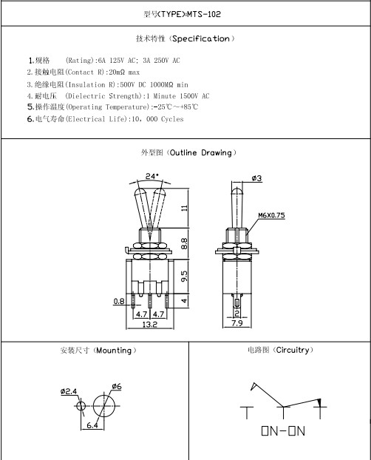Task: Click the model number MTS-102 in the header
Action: click(x=204, y=14)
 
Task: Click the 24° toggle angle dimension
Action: click(x=152, y=176)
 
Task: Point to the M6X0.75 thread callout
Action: click(x=271, y=215)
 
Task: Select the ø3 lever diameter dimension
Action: click(x=256, y=178)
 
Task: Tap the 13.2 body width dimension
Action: click(x=150, y=324)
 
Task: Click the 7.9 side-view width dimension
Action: click(x=237, y=323)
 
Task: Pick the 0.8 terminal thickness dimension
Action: click(x=119, y=301)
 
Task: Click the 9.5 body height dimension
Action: click(x=184, y=276)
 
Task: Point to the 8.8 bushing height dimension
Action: click(x=184, y=244)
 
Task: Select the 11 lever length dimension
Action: click(x=184, y=208)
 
